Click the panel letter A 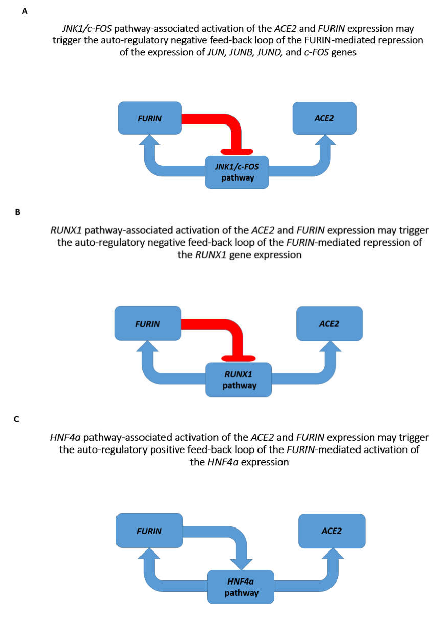pos(25,11)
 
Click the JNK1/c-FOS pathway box pos(237,172)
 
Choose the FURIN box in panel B pos(148,323)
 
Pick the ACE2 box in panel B pos(329,323)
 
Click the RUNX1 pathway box pos(238,379)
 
